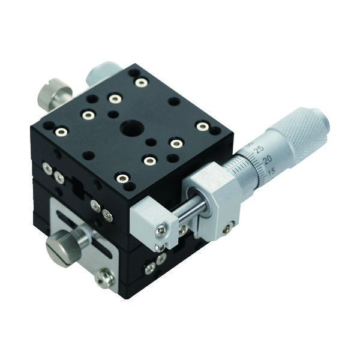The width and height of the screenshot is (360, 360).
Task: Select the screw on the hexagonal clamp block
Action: click(227, 227)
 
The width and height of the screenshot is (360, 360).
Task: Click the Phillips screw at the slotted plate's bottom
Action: click(103, 277)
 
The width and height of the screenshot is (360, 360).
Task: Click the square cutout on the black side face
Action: click(77, 187)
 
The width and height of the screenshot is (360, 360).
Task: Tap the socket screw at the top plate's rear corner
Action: click(141, 82)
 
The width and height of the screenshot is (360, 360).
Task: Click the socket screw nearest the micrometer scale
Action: click(203, 127)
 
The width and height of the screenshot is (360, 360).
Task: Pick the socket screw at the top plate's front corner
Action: click(122, 178)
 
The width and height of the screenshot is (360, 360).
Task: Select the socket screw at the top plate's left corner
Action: click(61, 131)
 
